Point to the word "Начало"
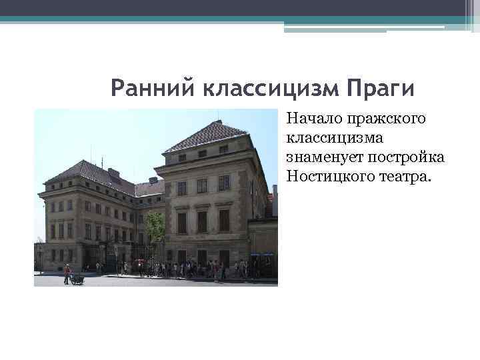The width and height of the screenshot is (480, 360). tap(313, 120)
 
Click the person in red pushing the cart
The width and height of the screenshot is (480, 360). tap(67, 274)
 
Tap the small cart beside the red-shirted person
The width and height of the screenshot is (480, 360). tap(77, 278)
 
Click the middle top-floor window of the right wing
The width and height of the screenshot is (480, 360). tap(202, 154)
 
